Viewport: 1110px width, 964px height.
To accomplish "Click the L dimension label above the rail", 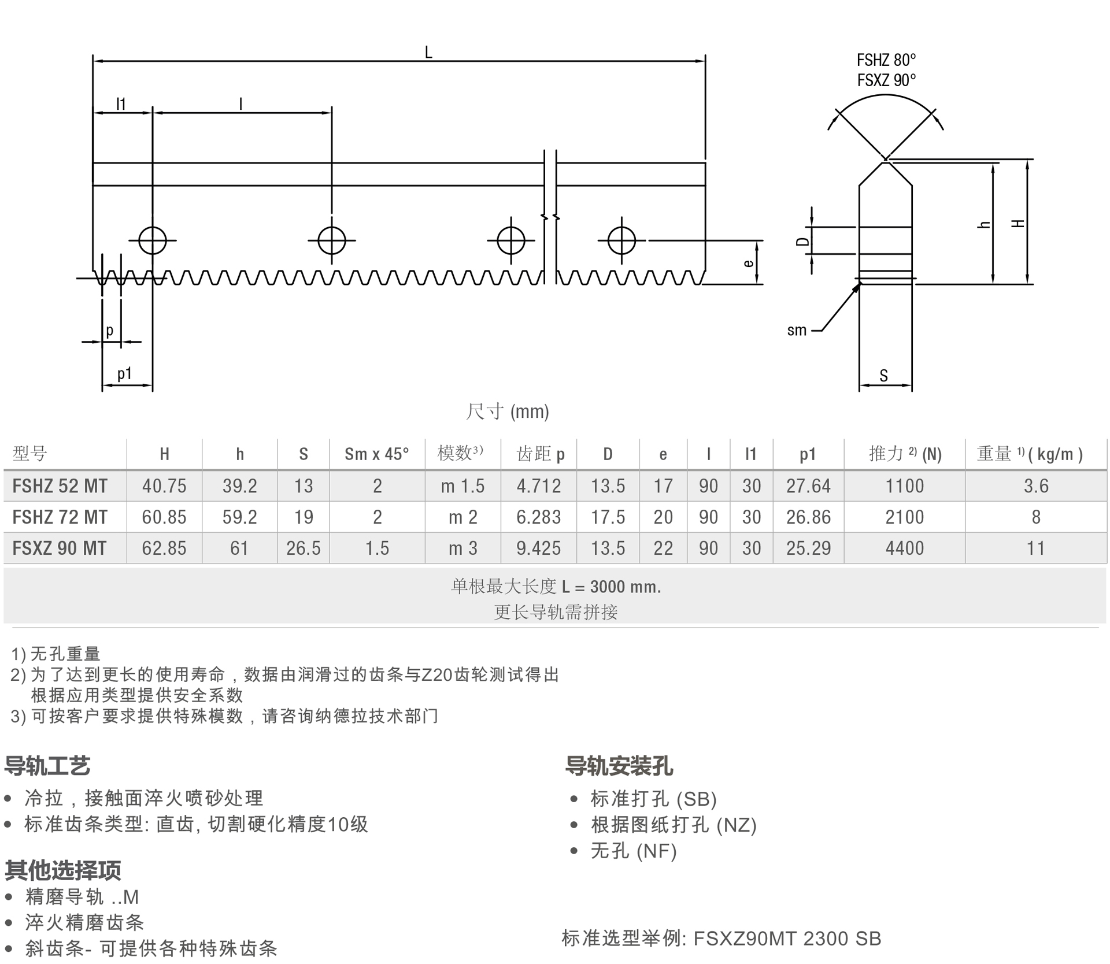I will point(428,53).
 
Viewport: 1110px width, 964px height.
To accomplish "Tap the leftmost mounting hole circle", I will point(152,240).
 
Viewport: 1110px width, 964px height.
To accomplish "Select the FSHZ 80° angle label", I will point(886,60).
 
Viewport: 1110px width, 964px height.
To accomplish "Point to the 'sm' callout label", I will point(797,331).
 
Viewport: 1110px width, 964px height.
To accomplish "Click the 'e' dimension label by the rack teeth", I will point(749,263).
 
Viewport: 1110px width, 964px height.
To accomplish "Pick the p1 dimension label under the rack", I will point(124,373).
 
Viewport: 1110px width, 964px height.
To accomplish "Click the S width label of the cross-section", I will point(883,376).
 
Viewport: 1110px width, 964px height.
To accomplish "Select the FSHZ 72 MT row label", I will point(60,517).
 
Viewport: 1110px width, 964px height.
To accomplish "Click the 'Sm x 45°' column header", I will point(376,454).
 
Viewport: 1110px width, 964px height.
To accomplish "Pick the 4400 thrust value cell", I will point(904,548).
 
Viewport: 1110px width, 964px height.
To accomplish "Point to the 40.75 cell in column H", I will point(164,486).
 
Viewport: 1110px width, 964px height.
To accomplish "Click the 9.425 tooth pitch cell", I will point(538,548).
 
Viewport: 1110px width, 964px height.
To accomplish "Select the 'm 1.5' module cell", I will point(462,486).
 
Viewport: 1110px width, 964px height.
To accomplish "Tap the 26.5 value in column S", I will point(303,548).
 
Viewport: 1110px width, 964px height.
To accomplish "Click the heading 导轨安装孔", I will point(619,766).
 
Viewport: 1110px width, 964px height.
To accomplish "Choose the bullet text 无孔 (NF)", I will point(634,851).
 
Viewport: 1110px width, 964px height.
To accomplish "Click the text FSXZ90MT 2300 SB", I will point(787,939).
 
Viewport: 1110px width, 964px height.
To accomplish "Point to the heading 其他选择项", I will point(63,870).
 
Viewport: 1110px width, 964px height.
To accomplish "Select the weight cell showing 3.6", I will point(1035,486).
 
